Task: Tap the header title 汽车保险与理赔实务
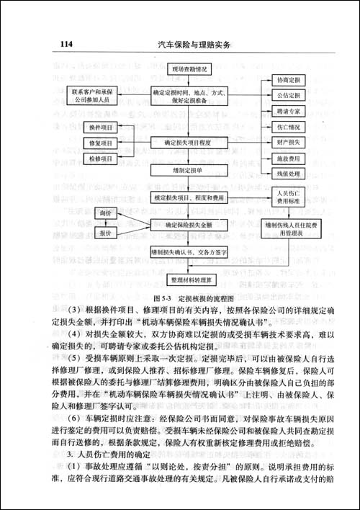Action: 193,45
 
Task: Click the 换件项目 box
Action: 100,127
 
